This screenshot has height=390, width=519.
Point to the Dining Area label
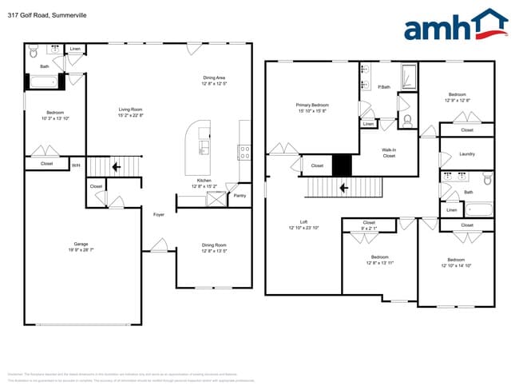[x=214, y=78]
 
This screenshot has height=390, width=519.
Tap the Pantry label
[x=240, y=195]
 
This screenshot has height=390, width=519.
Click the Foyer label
[x=159, y=214]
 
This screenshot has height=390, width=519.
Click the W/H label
[x=76, y=165]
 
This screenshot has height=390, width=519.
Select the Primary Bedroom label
[x=312, y=105]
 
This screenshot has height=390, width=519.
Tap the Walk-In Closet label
[x=389, y=153]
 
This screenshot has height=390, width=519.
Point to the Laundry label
[x=467, y=154]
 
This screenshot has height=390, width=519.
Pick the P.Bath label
[x=383, y=87]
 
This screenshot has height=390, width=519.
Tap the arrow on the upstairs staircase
[x=343, y=189]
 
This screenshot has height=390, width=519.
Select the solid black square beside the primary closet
[x=342, y=165]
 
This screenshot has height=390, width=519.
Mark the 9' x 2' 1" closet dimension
[x=369, y=228]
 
